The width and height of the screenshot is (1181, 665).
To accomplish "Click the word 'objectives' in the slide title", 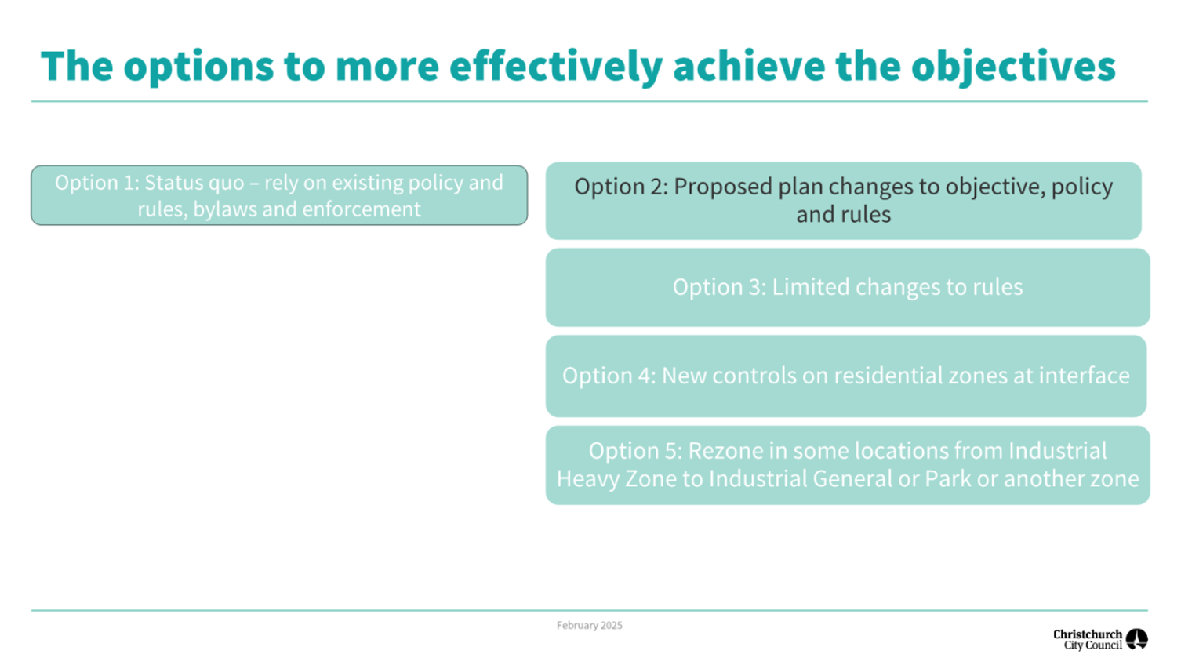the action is pyautogui.click(x=1013, y=67).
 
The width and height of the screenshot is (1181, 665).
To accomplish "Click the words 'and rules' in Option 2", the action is pyautogui.click(x=843, y=215).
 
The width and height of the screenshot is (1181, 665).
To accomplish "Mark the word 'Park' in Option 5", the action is pyautogui.click(x=948, y=479).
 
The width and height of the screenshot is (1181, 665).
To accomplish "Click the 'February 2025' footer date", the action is pyautogui.click(x=590, y=626).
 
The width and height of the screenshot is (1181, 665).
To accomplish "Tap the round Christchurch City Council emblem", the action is pyautogui.click(x=1137, y=639).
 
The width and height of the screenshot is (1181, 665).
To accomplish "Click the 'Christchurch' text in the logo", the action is pyautogui.click(x=1088, y=634).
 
